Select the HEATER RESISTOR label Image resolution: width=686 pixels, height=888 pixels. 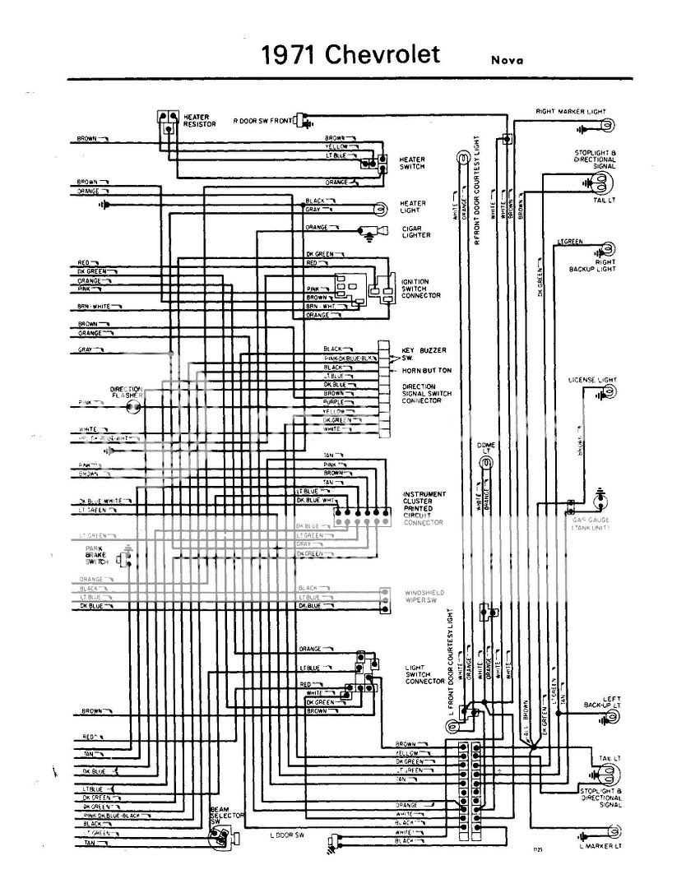(200, 121)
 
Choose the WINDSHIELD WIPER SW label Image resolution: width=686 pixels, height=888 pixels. (424, 597)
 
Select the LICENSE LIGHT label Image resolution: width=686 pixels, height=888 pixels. (592, 380)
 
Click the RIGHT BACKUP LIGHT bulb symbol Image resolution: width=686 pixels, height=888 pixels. (609, 249)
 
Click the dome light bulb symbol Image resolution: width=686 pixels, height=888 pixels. (486, 463)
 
